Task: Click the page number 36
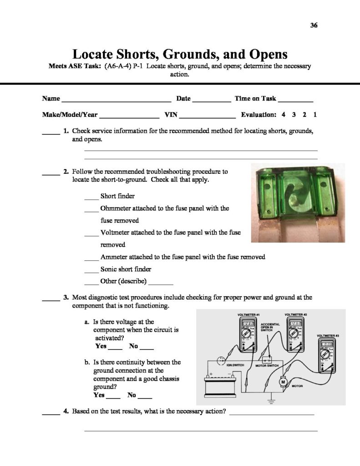[x=313, y=25]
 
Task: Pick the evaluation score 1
[x=315, y=115]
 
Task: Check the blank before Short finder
[x=91, y=198]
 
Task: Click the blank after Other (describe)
[x=161, y=282]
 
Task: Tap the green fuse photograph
[x=298, y=203]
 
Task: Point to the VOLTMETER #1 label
[x=248, y=314]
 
